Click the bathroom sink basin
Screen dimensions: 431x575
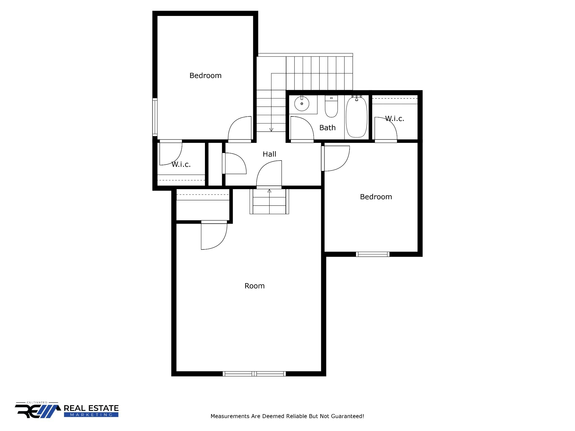(302, 104)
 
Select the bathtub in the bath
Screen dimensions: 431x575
(356, 117)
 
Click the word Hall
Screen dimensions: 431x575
(269, 154)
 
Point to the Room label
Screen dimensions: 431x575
(254, 286)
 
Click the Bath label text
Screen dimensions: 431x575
(327, 128)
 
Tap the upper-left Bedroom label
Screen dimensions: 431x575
(205, 75)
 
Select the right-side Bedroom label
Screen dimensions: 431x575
(376, 197)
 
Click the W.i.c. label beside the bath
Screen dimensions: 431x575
(394, 119)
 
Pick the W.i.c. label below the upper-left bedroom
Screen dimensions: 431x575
(181, 164)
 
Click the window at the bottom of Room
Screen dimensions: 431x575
(254, 373)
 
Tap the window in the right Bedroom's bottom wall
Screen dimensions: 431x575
(373, 254)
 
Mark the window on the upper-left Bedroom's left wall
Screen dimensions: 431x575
(155, 117)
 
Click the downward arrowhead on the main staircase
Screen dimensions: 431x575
(271, 130)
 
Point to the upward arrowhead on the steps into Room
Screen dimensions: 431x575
(269, 191)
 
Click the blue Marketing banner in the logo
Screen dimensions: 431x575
(91, 415)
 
